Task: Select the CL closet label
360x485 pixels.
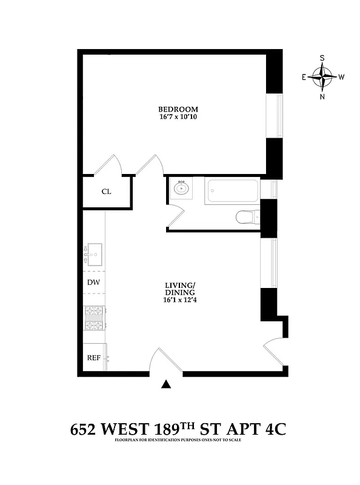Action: [x=106, y=192]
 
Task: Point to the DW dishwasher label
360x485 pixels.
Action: [x=93, y=282]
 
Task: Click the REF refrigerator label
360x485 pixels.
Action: [x=93, y=358]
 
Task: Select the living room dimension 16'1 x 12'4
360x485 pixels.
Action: [x=179, y=300]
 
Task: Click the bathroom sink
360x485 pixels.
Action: [x=180, y=189]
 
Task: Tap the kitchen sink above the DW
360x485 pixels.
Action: [x=94, y=255]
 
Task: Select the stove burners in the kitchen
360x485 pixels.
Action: [x=94, y=319]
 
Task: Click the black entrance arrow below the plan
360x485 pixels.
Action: [x=167, y=384]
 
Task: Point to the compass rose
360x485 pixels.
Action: [x=322, y=77]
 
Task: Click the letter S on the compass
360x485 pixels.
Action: [x=322, y=58]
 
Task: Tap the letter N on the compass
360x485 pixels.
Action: [x=322, y=96]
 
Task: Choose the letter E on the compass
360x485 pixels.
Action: [x=304, y=77]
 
